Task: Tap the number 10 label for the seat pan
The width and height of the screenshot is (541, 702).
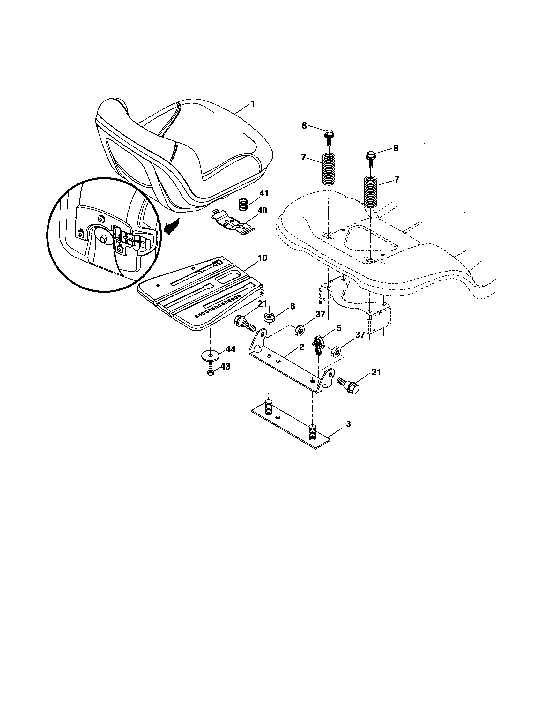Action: tap(262, 258)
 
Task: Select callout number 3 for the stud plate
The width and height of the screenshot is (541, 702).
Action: tap(348, 424)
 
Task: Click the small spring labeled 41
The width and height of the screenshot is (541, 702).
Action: tap(244, 205)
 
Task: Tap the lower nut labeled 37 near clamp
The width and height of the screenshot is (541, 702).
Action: tap(336, 351)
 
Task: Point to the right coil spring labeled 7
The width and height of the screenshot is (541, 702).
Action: tap(371, 191)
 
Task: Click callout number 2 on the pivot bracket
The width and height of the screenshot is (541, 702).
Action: tap(301, 347)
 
